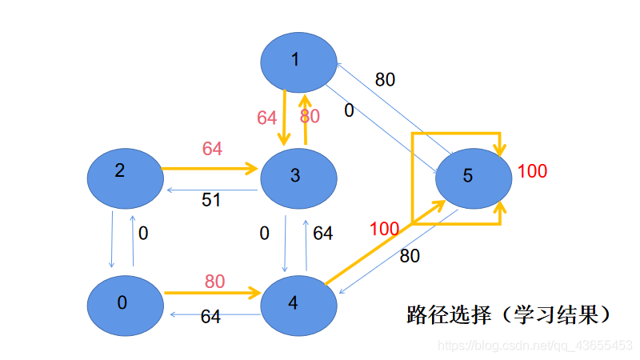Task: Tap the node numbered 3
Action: click(x=297, y=175)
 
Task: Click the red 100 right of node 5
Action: click(x=532, y=171)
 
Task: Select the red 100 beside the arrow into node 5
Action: click(x=385, y=230)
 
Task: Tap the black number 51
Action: click(x=211, y=200)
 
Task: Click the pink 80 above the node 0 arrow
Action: click(x=214, y=282)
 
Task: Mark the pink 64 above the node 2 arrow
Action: click(x=212, y=149)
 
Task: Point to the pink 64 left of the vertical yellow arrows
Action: click(x=267, y=118)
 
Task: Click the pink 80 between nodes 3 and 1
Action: click(x=310, y=117)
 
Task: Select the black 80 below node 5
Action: click(x=410, y=257)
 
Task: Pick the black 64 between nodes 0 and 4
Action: click(x=210, y=318)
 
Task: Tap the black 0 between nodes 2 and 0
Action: click(x=143, y=234)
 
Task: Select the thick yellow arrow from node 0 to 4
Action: click(x=212, y=294)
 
